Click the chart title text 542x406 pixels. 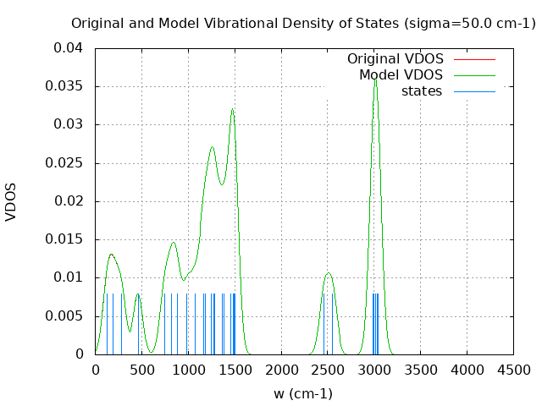pyautogui.click(x=303, y=23)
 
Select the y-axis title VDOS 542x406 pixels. pyautogui.click(x=11, y=201)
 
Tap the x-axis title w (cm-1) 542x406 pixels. pyautogui.click(x=302, y=393)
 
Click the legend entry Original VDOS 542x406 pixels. pyautogui.click(x=396, y=59)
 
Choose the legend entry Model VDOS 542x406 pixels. pyautogui.click(x=401, y=75)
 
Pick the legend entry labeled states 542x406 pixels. pyautogui.click(x=422, y=91)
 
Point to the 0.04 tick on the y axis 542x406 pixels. pyautogui.click(x=69, y=48)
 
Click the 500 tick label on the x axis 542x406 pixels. pyautogui.click(x=141, y=370)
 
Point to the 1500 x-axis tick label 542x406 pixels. pyautogui.click(x=235, y=370)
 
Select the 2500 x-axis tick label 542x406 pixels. pyautogui.click(x=328, y=370)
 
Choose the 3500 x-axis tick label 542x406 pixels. pyautogui.click(x=421, y=370)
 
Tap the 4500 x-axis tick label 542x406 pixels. pyautogui.click(x=514, y=370)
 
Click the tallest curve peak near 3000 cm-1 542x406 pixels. pyautogui.click(x=375, y=79)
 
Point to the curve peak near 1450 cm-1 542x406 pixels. pyautogui.click(x=232, y=109)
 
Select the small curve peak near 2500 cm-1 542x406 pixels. pyautogui.click(x=329, y=273)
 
